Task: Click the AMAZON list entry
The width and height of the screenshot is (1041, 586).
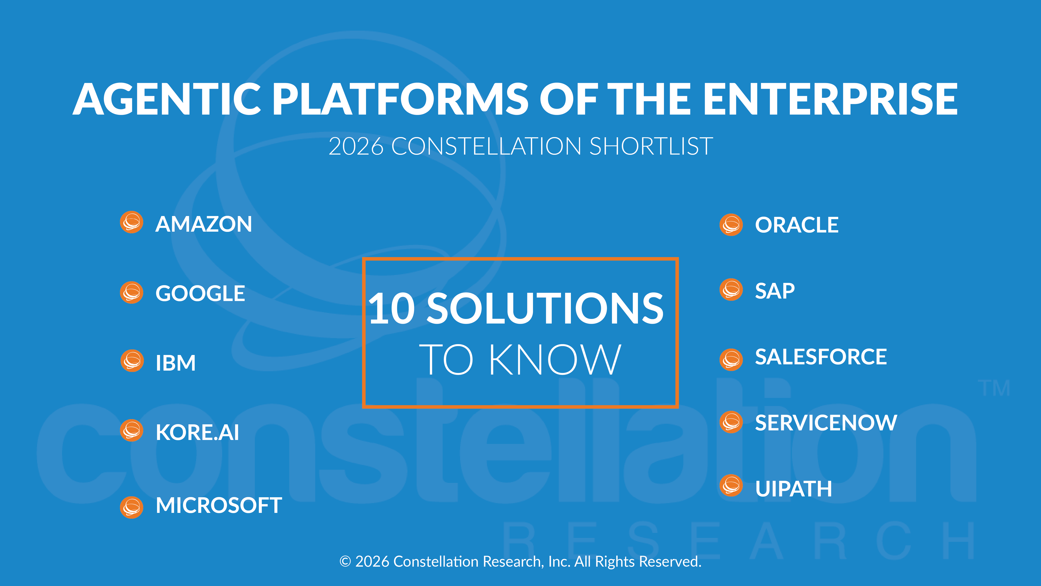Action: (x=203, y=224)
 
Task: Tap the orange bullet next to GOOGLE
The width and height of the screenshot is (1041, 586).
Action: (x=132, y=292)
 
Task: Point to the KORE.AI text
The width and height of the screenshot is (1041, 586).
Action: (x=197, y=432)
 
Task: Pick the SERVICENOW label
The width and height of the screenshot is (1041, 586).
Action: (x=826, y=423)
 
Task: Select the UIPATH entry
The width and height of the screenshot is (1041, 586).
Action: (x=793, y=489)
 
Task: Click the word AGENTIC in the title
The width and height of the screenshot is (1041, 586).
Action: (x=167, y=99)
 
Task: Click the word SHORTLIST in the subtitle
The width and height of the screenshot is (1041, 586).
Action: (x=651, y=146)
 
